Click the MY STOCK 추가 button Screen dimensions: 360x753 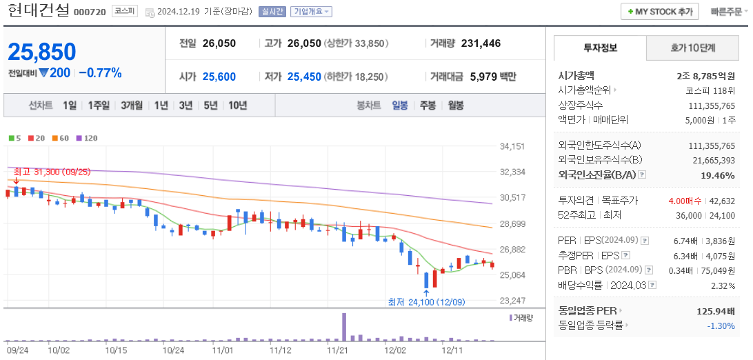pos(660,12)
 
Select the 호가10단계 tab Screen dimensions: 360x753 pos(692,48)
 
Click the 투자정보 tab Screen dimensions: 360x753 pos(600,48)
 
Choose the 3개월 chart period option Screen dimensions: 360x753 pos(131,106)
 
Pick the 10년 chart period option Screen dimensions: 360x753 pos(237,106)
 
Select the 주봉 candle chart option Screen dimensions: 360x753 pos(428,106)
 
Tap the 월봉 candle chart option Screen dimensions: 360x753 pos(455,106)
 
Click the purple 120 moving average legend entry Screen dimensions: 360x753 pos(87,139)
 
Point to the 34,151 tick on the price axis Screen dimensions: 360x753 pos(512,146)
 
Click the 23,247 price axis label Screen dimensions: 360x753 pos(512,301)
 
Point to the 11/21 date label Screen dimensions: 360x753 pos(337,350)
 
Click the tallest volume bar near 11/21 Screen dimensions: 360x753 pos(343,327)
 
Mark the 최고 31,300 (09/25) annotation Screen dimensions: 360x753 pos(52,171)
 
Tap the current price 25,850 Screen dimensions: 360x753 pos(42,52)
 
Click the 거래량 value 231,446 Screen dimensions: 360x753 pos(481,43)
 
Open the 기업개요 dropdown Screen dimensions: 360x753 pos(311,12)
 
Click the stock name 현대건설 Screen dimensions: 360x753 pos(38,11)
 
